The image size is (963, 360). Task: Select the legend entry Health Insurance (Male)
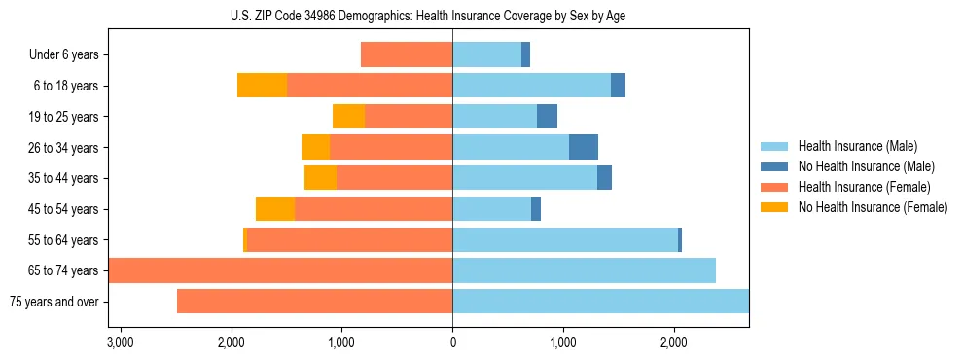point(857,146)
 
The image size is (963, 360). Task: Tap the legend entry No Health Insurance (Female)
point(873,207)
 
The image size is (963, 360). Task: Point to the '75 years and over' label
point(53,302)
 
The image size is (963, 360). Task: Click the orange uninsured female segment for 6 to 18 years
point(262,86)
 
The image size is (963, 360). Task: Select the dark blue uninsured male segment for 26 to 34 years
point(584,147)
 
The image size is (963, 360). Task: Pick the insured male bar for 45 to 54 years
point(491,209)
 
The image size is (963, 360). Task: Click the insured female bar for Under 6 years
point(407,55)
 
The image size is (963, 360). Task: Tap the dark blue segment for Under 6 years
point(525,55)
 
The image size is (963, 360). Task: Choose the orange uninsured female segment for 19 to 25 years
point(348,117)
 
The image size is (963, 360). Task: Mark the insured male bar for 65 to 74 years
point(584,270)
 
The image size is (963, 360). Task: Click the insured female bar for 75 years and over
point(314,302)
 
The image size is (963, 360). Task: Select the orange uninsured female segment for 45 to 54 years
point(275,209)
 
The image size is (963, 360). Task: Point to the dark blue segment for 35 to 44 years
point(604,178)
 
